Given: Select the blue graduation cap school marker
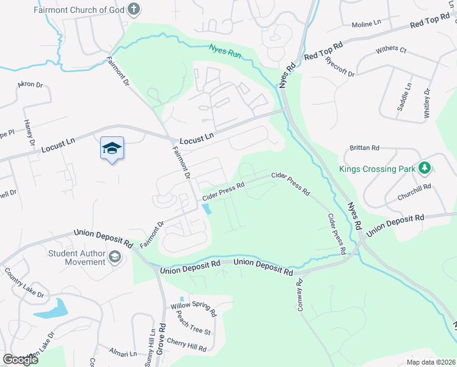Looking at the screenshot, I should click(112, 148).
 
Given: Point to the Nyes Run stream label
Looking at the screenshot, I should click(225, 50).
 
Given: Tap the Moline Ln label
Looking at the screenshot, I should click(367, 24).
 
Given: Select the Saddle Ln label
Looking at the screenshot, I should click(403, 97).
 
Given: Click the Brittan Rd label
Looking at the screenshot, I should click(365, 148).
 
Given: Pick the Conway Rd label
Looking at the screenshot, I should click(300, 295).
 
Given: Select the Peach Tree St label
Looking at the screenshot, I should click(193, 324).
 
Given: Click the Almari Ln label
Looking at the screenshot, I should click(124, 354).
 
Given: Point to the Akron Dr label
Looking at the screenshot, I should click(31, 84).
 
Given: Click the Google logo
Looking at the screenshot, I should click(20, 360).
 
